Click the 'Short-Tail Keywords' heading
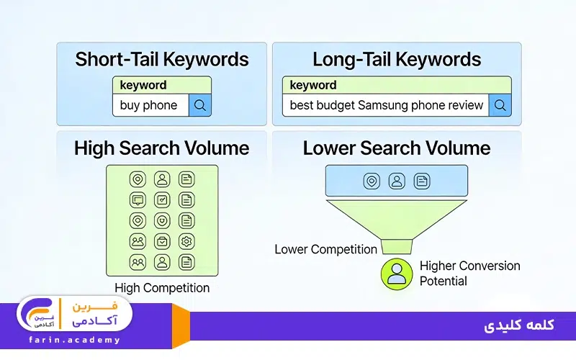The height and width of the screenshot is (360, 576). [161, 59]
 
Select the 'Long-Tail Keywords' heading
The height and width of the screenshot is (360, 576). [396, 59]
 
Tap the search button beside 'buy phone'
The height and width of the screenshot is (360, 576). [200, 105]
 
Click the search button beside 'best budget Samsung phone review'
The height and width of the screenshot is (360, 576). [500, 105]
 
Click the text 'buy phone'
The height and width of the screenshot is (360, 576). [148, 105]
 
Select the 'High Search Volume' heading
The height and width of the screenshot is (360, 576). [161, 149]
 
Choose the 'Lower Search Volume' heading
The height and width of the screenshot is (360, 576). [396, 149]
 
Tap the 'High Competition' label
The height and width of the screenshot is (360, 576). [162, 288]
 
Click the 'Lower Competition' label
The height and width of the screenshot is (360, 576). [325, 250]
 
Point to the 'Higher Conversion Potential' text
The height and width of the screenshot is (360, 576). [469, 273]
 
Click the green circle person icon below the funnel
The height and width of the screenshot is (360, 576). [396, 274]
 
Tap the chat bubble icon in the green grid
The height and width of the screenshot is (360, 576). [138, 199]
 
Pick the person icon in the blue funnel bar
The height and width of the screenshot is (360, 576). [396, 181]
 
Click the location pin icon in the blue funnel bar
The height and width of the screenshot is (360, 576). [372, 181]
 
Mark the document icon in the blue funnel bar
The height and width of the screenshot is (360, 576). [421, 181]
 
